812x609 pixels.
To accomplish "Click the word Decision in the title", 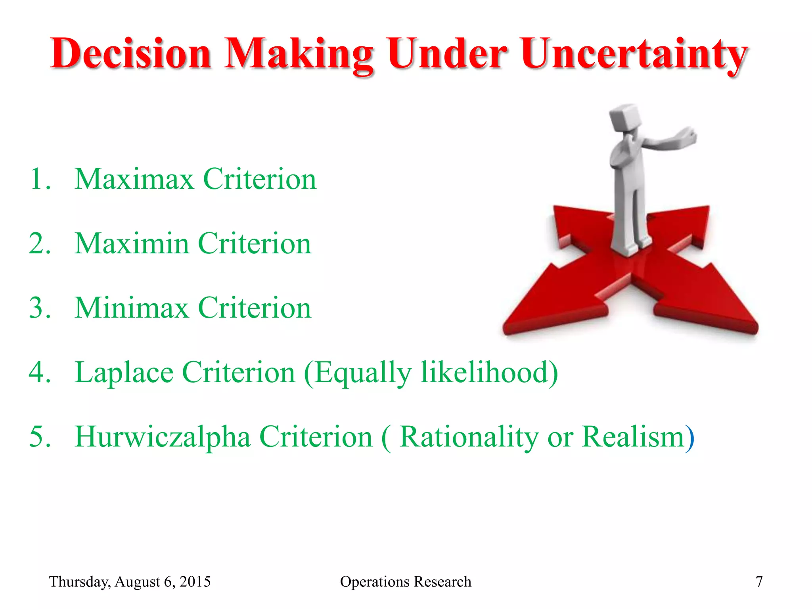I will (x=131, y=54).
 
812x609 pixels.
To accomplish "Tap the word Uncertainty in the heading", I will (x=634, y=54).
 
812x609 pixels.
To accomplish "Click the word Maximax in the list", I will (x=134, y=179).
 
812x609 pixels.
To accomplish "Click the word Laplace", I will (x=124, y=373).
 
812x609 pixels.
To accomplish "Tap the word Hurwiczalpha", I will (x=163, y=437).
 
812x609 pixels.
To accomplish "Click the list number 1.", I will (x=40, y=179).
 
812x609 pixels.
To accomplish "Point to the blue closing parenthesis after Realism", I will (x=690, y=438).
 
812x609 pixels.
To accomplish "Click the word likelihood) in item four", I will (x=489, y=373).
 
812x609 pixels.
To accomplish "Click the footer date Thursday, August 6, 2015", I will (x=130, y=582).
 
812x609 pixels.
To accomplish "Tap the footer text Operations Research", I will (x=406, y=582).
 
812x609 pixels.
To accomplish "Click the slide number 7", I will (x=759, y=582).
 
